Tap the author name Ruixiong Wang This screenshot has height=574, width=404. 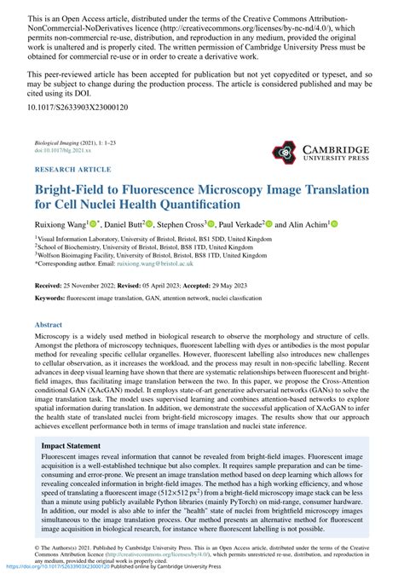62,223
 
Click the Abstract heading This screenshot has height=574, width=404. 49,325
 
